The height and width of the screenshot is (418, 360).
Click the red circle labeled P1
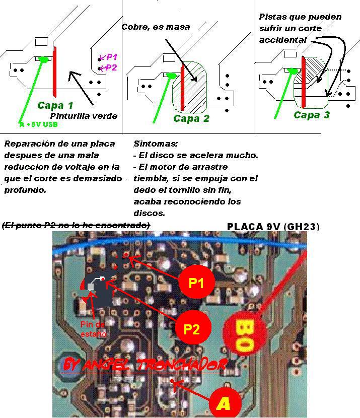pyautogui.click(x=196, y=283)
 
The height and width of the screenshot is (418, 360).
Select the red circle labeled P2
pyautogui.click(x=192, y=329)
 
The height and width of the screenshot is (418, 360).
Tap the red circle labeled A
pyautogui.click(x=224, y=403)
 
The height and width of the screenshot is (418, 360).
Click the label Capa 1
pyautogui.click(x=55, y=105)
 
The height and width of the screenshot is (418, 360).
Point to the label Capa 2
pyautogui.click(x=191, y=119)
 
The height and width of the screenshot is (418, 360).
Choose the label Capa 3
pyautogui.click(x=312, y=115)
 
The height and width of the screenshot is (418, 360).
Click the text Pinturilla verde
pyautogui.click(x=84, y=116)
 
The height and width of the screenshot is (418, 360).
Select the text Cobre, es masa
pyautogui.click(x=156, y=27)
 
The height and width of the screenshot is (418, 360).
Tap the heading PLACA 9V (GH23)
pyautogui.click(x=273, y=227)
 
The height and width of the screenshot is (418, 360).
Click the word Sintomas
pyautogui.click(x=156, y=144)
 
